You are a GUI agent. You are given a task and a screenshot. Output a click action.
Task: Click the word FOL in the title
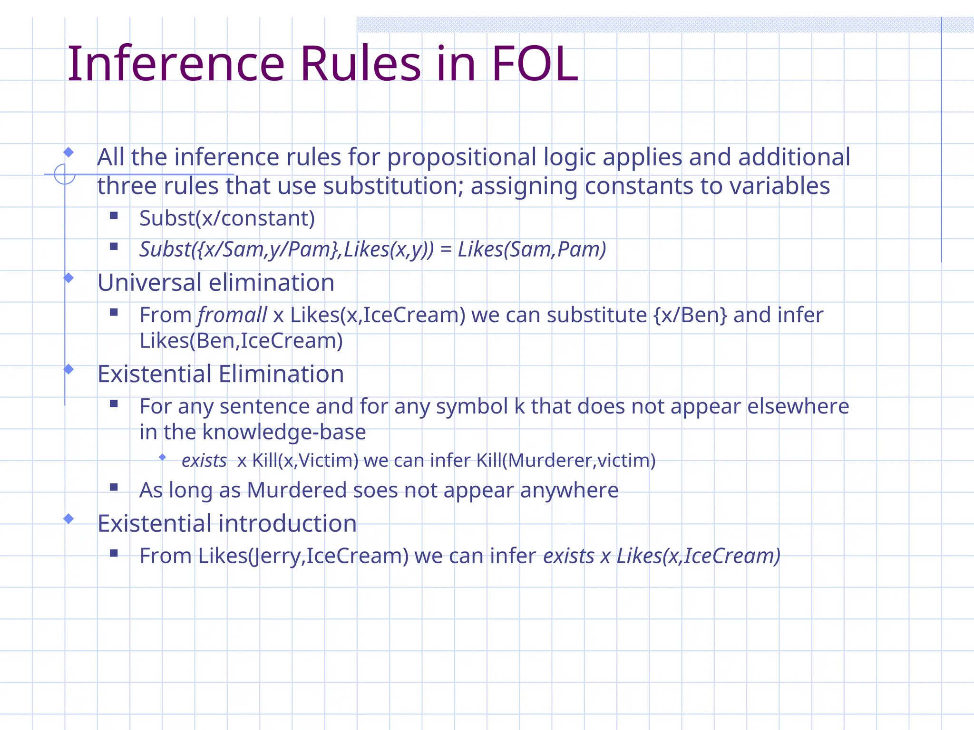[x=535, y=64]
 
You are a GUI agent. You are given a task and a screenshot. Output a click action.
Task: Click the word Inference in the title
[x=176, y=64]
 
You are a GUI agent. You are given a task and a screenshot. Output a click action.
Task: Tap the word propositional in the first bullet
[x=461, y=158]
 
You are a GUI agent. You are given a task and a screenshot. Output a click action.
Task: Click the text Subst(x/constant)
[x=227, y=219]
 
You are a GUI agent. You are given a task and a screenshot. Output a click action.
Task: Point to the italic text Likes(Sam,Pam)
[x=532, y=250]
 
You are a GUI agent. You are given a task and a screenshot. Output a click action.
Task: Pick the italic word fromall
[x=233, y=315]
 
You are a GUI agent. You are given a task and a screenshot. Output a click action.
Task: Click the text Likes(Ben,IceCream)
[x=241, y=341]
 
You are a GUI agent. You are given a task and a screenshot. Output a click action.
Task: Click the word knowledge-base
[x=284, y=432]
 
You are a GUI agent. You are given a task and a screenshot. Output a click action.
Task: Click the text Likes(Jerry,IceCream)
[x=303, y=556]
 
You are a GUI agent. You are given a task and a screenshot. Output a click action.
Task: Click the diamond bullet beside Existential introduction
[x=68, y=519]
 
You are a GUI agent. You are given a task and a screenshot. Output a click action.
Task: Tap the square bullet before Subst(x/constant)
[x=114, y=216]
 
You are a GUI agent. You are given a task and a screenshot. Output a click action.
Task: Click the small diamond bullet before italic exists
[x=162, y=457]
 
